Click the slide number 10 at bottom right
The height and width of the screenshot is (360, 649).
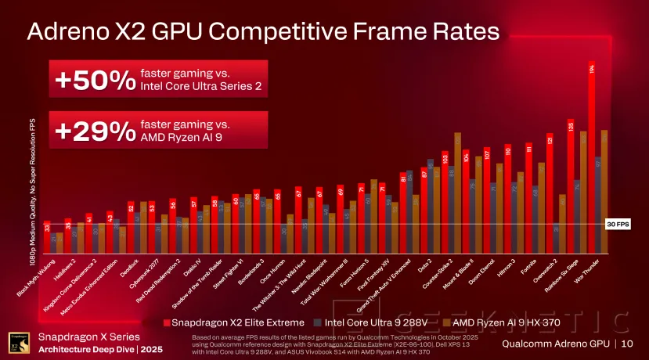coord(629,344)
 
